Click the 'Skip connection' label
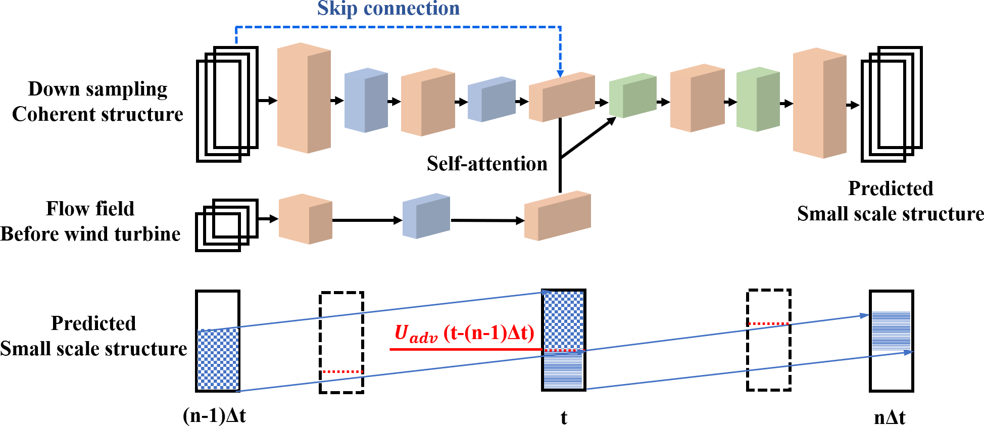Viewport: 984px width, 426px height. point(388,9)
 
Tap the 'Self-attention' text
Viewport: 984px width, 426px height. point(487,164)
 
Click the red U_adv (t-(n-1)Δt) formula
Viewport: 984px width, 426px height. point(464,334)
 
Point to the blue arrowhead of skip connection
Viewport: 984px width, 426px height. point(560,74)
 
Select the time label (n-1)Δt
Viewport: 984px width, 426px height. point(214,415)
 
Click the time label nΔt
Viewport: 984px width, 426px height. point(890,417)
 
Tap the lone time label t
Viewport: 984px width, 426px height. point(564,418)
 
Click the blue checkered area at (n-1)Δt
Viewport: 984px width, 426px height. point(218,359)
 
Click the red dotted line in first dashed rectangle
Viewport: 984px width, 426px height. point(342,372)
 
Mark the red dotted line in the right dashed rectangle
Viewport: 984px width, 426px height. point(768,323)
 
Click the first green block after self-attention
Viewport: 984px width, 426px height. point(632,96)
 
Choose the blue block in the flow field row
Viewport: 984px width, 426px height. point(426,216)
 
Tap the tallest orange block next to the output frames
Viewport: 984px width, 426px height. point(819,103)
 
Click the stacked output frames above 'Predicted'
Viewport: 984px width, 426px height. point(892,104)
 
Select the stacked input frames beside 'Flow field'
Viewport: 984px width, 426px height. point(226,225)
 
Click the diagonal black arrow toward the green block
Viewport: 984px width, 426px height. point(588,137)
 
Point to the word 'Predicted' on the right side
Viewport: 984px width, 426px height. point(890,188)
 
